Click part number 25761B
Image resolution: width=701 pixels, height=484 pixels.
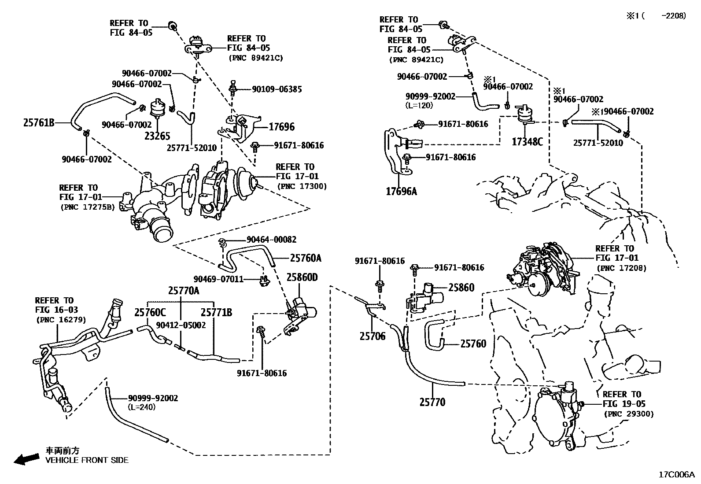click(x=39, y=123)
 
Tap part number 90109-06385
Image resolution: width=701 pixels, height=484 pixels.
click(x=277, y=89)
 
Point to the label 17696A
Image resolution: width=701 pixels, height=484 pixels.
click(x=401, y=192)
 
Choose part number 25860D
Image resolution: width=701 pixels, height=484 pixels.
click(x=302, y=277)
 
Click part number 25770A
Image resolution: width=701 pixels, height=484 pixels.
click(x=184, y=291)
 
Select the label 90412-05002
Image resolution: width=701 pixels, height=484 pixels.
click(x=181, y=325)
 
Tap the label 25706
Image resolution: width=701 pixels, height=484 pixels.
click(x=372, y=336)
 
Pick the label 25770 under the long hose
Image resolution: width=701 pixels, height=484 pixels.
click(x=432, y=402)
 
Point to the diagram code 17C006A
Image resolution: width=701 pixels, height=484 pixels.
click(x=676, y=475)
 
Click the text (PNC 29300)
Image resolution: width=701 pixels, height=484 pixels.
click(x=629, y=414)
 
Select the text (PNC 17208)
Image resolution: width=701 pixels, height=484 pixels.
click(x=622, y=268)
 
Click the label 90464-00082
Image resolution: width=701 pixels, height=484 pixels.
click(x=271, y=240)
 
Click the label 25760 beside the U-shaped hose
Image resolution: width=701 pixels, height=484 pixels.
click(x=473, y=344)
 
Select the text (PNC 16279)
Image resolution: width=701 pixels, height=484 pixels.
click(x=61, y=320)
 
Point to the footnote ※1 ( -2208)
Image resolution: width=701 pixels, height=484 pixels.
click(x=656, y=16)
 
